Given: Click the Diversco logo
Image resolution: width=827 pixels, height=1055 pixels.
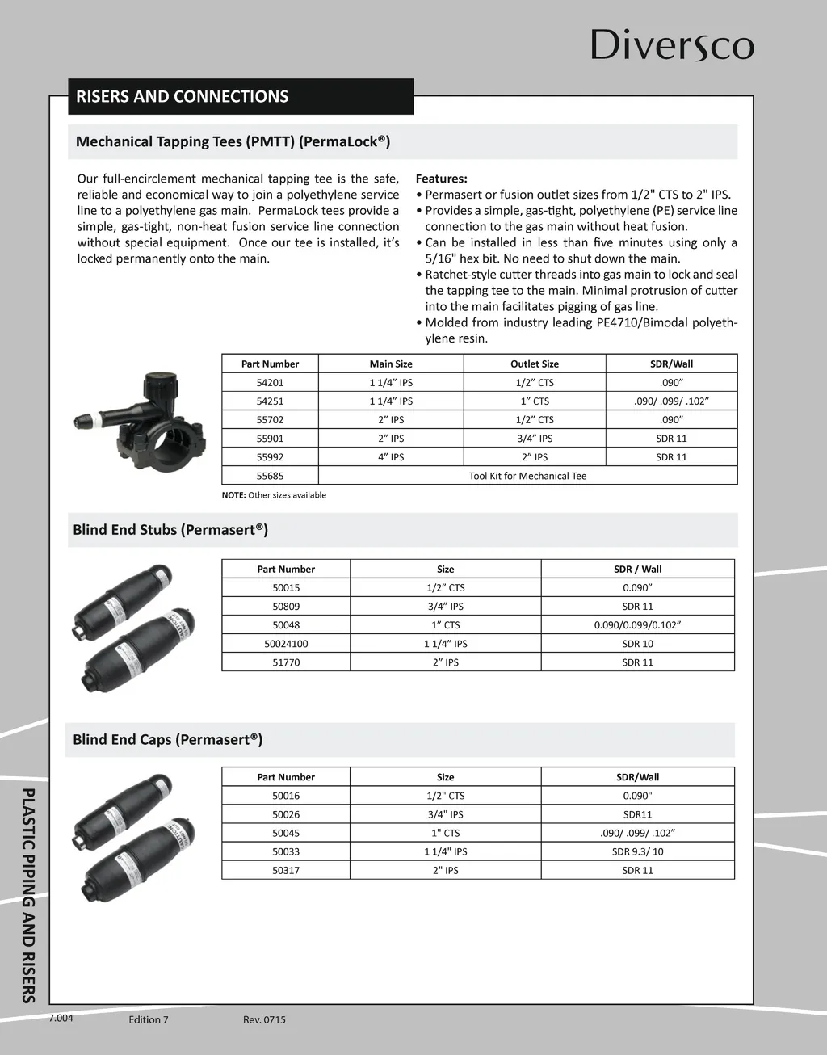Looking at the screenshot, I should point(672,45).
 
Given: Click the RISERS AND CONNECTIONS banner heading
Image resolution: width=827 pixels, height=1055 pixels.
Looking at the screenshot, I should point(183,97).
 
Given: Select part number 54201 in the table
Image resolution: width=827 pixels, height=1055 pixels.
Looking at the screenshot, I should point(270,383).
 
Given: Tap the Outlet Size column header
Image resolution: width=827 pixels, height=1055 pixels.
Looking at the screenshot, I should point(535,364).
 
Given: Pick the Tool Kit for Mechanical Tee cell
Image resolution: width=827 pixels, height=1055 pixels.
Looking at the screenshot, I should point(527,476).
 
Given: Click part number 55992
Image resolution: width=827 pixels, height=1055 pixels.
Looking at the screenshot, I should point(270,457).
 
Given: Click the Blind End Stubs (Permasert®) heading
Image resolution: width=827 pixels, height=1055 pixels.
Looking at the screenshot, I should point(170,530).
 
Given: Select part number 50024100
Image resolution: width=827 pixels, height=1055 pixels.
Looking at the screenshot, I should point(286,644).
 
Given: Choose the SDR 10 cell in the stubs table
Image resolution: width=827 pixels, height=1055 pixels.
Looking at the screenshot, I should point(637,644).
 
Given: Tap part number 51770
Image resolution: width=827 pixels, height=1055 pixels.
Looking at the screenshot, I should point(286,662).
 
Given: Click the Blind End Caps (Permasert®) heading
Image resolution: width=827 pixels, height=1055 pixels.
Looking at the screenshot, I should point(168,740).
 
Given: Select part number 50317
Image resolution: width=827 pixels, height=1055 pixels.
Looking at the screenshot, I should point(286,871).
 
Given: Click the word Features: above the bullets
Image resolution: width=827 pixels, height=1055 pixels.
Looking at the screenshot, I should point(441,179).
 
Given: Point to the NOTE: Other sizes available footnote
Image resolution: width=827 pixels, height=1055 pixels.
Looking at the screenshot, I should point(274,495).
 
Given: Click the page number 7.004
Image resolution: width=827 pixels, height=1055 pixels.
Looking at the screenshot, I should point(61,1018).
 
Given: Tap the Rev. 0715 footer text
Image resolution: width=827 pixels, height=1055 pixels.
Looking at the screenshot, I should point(264,1019).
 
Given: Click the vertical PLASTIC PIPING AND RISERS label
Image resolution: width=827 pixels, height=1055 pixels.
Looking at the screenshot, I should point(29,894).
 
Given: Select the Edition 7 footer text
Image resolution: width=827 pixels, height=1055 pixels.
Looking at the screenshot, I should point(149,1019).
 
